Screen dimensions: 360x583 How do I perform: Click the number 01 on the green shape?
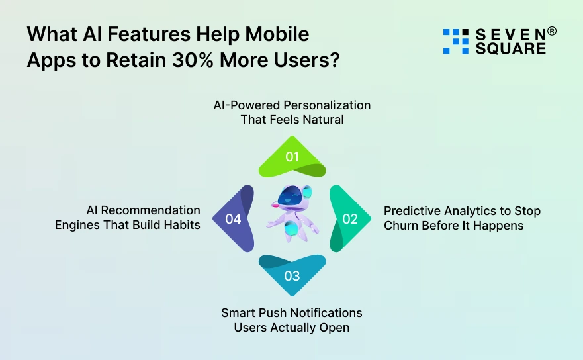click(x=292, y=157)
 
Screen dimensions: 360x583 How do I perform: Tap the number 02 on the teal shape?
click(x=350, y=218)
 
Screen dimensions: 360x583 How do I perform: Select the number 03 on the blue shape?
click(x=292, y=275)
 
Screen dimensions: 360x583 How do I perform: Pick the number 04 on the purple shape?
click(x=233, y=218)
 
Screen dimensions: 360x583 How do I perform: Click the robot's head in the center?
click(x=292, y=198)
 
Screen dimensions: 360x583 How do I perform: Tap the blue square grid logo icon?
click(x=455, y=41)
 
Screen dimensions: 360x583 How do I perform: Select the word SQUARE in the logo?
click(x=511, y=48)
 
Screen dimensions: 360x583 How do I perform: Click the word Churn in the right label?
click(x=400, y=226)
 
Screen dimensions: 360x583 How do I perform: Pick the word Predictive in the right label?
click(x=410, y=211)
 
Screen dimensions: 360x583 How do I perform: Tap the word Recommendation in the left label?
click(x=152, y=210)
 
